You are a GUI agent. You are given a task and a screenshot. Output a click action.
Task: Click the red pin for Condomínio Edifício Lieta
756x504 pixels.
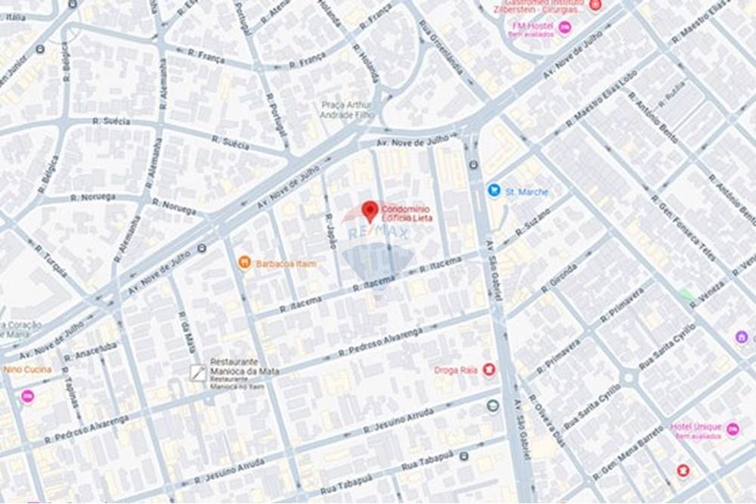coord(369,210)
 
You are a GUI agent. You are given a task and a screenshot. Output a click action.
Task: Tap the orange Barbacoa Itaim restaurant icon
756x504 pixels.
coord(244,263)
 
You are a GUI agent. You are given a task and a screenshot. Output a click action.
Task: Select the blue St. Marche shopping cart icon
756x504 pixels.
coord(494,191)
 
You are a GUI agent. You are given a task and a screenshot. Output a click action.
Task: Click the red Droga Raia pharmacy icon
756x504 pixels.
coord(489,369)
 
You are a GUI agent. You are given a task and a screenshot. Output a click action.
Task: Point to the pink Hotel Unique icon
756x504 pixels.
coord(732,429)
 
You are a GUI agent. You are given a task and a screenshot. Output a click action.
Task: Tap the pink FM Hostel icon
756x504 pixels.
coord(565,28)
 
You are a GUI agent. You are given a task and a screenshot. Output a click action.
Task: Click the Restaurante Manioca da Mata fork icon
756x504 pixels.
coord(197,372)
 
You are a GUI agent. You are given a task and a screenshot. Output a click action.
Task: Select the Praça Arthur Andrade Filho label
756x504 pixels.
coord(347,110)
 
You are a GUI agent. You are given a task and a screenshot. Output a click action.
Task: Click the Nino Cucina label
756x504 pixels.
coord(27,369)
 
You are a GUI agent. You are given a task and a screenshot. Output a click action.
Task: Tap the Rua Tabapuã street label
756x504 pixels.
coord(428,462)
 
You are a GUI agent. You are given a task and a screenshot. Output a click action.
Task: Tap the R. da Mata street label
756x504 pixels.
coord(187,332)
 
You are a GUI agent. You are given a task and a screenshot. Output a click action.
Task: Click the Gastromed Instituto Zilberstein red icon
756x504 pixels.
coord(595,5)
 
